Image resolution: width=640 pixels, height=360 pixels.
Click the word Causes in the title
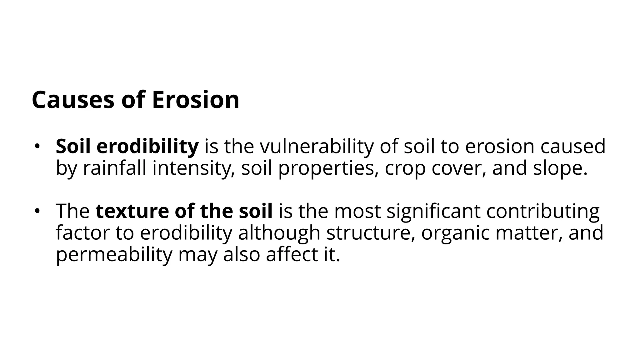[x=73, y=100]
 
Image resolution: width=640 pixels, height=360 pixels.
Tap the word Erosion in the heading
[x=196, y=100]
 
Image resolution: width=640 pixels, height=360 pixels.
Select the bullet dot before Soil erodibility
[x=37, y=146]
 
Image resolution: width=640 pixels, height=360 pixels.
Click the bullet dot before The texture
[x=37, y=211]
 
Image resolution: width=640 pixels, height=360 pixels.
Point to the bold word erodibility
[x=147, y=146]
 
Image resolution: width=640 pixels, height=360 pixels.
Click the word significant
[x=433, y=211]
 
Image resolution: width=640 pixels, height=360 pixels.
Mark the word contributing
[x=543, y=211]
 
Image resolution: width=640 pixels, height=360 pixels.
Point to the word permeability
[x=114, y=254]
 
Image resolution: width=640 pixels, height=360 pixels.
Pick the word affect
[x=292, y=254]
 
